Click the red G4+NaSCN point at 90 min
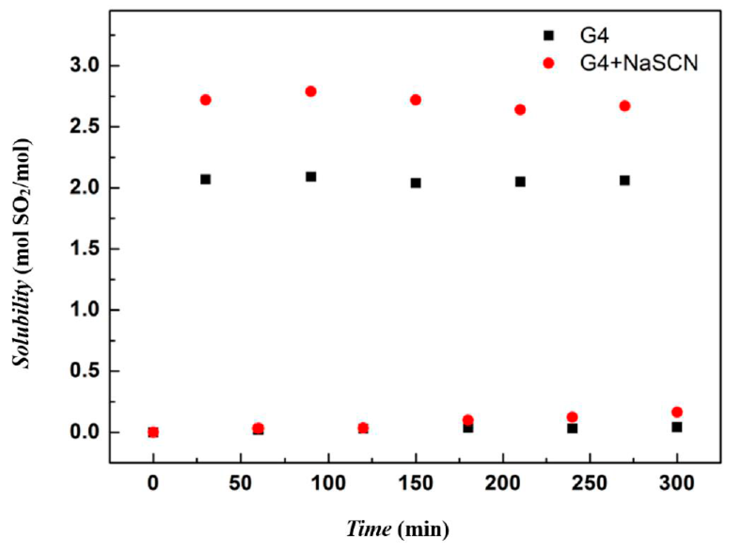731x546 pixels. click(x=311, y=91)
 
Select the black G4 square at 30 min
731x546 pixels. click(x=205, y=179)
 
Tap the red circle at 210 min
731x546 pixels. click(x=520, y=110)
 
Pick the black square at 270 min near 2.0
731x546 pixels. click(x=625, y=180)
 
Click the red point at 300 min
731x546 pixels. click(x=677, y=412)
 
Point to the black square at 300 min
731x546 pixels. click(x=677, y=427)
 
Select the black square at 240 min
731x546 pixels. click(x=572, y=428)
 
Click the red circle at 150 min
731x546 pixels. click(x=416, y=100)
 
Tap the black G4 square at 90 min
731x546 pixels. click(x=311, y=177)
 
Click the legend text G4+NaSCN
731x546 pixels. click(x=639, y=63)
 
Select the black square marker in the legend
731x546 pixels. click(x=549, y=35)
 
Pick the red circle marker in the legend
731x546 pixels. click(x=549, y=63)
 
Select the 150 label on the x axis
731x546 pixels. click(x=416, y=483)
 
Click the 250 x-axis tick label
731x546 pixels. click(x=590, y=483)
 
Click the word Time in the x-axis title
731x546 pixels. click(x=369, y=529)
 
